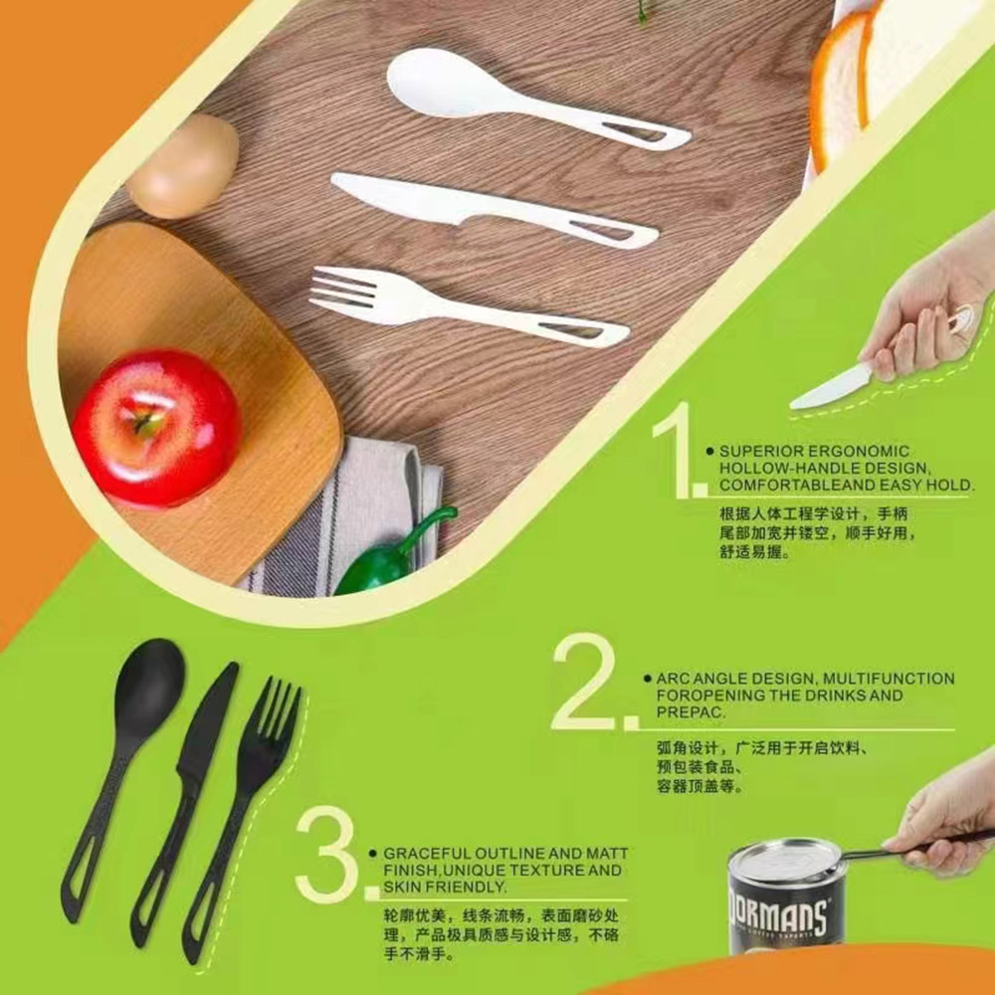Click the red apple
click(x=157, y=428)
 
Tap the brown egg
click(x=183, y=166)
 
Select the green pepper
click(x=393, y=553)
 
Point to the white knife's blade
click(x=406, y=198)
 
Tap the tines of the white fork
click(x=346, y=289)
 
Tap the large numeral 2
click(x=584, y=682)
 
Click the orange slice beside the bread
click(x=836, y=89)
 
